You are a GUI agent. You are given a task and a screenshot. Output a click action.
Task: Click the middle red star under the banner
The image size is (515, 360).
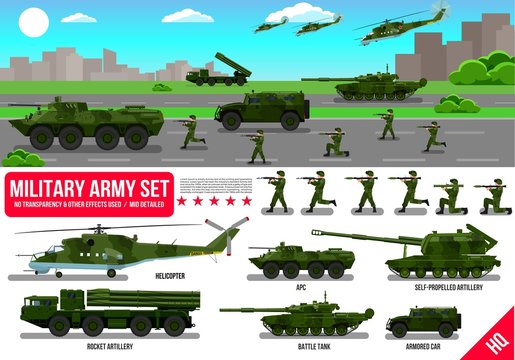click(207, 201)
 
